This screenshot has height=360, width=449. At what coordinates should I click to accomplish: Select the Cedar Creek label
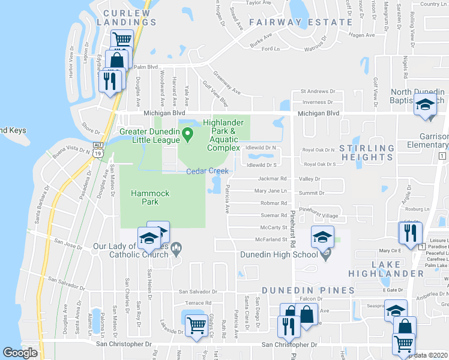coord(207,171)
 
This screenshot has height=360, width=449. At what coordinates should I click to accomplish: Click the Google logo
coord(20,353)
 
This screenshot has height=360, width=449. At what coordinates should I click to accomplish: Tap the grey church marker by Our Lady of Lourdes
coord(176,248)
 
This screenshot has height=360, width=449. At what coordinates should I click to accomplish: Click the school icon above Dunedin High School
coord(322,237)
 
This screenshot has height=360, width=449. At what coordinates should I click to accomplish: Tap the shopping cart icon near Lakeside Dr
coord(196,325)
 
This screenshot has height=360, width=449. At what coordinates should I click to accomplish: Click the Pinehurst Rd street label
coord(294,227)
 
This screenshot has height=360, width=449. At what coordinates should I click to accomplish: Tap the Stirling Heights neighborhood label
coord(367,153)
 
